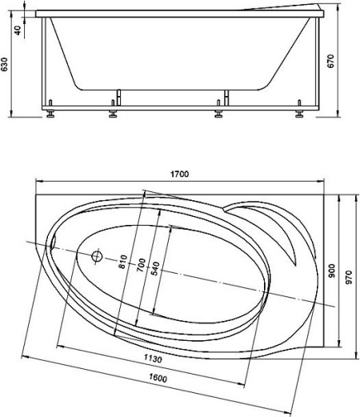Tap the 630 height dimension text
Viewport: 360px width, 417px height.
pos(6,64)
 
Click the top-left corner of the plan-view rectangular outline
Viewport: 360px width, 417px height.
pos(37,192)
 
